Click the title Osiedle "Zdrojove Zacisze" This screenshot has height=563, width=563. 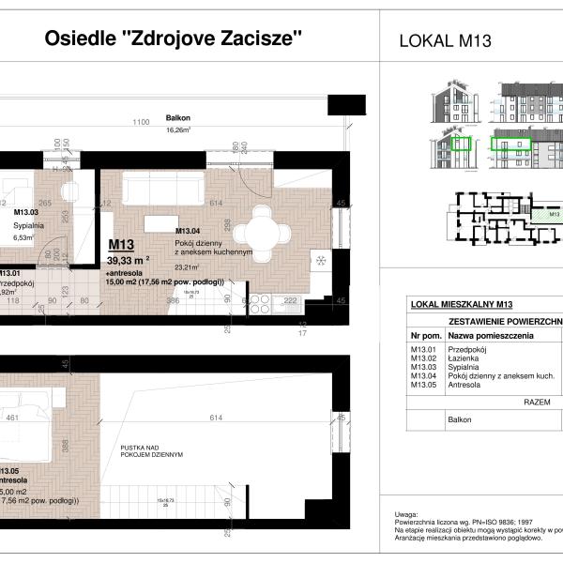[174, 38]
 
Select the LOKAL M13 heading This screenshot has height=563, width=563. [446, 40]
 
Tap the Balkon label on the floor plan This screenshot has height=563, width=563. [178, 119]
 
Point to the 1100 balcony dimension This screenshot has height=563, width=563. [142, 123]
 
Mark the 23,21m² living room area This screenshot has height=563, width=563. [190, 266]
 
